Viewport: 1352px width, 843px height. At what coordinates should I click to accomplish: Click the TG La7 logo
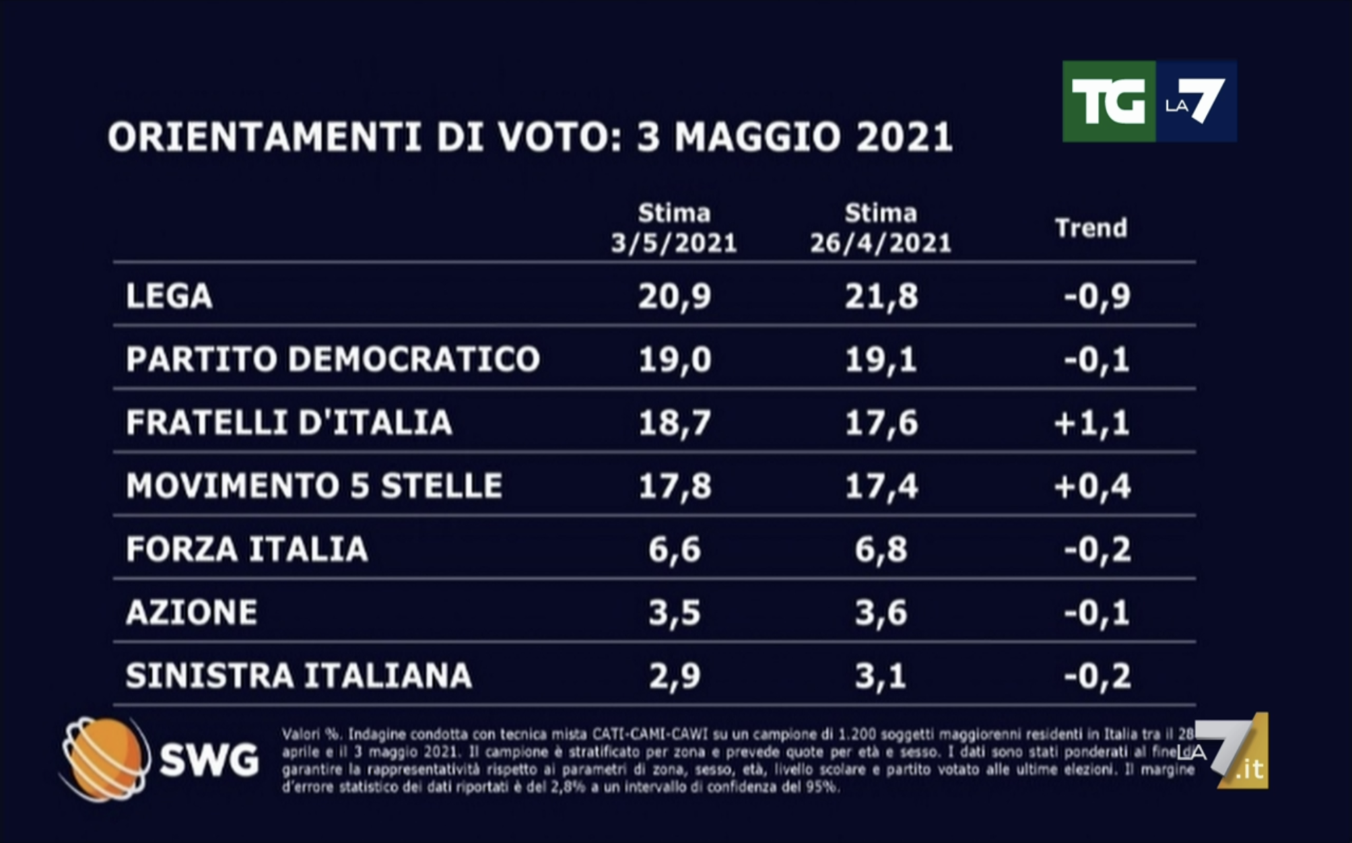pos(1149,102)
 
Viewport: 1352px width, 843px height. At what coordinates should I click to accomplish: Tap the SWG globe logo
pos(104,759)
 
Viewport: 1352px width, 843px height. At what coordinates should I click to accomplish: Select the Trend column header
pos(1091,228)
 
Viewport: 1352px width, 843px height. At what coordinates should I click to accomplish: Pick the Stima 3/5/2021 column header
pos(673,228)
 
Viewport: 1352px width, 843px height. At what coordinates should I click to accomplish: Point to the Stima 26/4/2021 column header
pos(881,228)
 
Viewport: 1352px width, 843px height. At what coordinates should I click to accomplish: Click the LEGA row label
pos(169,296)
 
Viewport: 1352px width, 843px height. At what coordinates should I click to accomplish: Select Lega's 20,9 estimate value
pos(674,296)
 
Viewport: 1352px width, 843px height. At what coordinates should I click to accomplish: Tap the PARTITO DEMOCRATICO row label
pos(333,359)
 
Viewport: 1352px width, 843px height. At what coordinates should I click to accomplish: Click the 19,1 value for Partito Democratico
pos(881,359)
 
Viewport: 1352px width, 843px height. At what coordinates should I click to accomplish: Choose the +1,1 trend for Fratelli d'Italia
pos(1092,422)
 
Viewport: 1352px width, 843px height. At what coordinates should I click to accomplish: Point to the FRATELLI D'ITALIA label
pos(288,422)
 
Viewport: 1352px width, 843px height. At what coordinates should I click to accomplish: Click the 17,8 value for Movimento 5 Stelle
pos(674,486)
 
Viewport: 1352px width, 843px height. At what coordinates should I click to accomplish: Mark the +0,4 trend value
pos(1092,486)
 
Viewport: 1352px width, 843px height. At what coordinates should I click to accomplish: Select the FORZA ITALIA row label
pos(246,549)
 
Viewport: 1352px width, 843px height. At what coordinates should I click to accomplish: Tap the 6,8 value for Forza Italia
pos(881,549)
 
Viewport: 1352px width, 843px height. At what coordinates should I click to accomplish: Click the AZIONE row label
pos(191,613)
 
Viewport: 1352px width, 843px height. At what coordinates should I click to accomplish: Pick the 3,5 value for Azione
pos(674,613)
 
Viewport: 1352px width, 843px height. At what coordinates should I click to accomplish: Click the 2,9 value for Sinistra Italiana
pos(674,676)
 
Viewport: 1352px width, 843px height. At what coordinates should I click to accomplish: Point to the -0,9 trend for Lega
pos(1097,296)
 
